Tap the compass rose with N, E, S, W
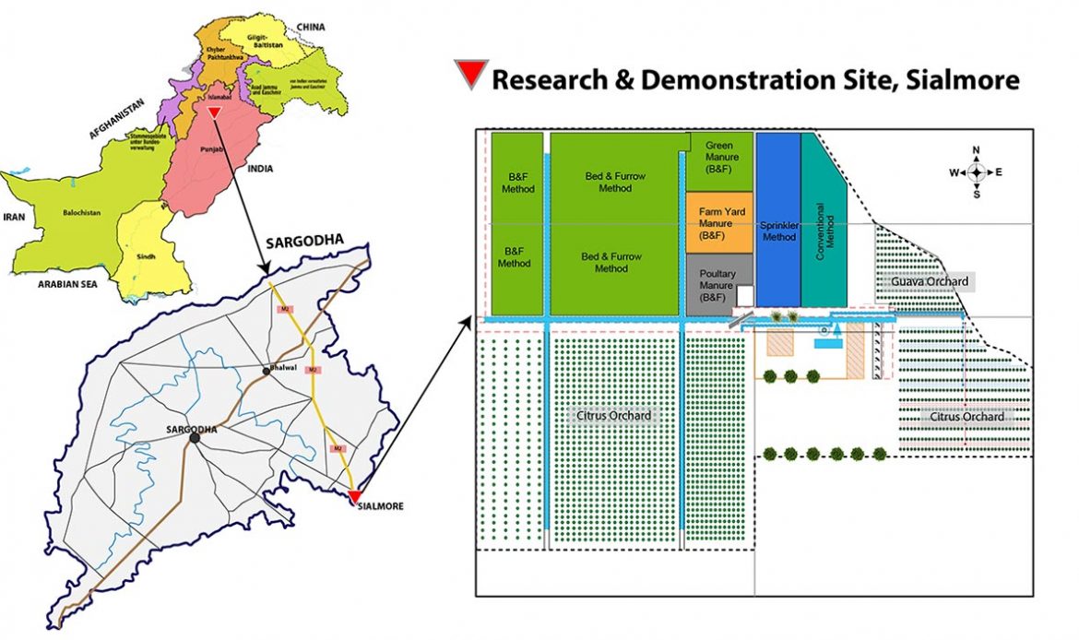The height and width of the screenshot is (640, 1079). pyautogui.click(x=977, y=172)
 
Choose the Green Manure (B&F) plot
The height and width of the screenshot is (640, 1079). pyautogui.click(x=718, y=159)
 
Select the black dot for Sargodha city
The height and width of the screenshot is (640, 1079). pyautogui.click(x=195, y=439)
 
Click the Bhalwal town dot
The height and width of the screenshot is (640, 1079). pyautogui.click(x=266, y=371)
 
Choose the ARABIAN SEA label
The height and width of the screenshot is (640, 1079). pyautogui.click(x=67, y=284)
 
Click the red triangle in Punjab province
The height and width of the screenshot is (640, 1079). pyautogui.click(x=214, y=113)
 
